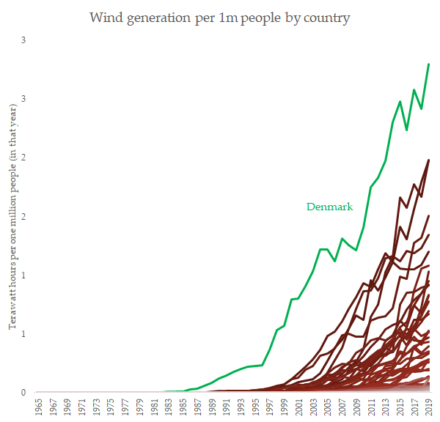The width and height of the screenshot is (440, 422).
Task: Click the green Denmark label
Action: point(329,207)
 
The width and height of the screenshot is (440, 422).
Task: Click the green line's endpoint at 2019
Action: point(429,64)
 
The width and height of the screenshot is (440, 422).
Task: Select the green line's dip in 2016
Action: point(407,130)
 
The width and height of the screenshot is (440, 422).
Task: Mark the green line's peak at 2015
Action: point(400,101)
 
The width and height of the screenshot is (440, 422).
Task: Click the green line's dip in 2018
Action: point(422,109)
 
